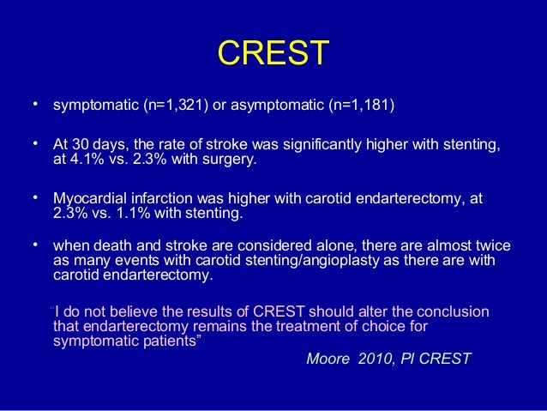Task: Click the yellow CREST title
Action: [273, 53]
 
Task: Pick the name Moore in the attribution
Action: [327, 359]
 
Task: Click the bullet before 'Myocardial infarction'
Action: [36, 196]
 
